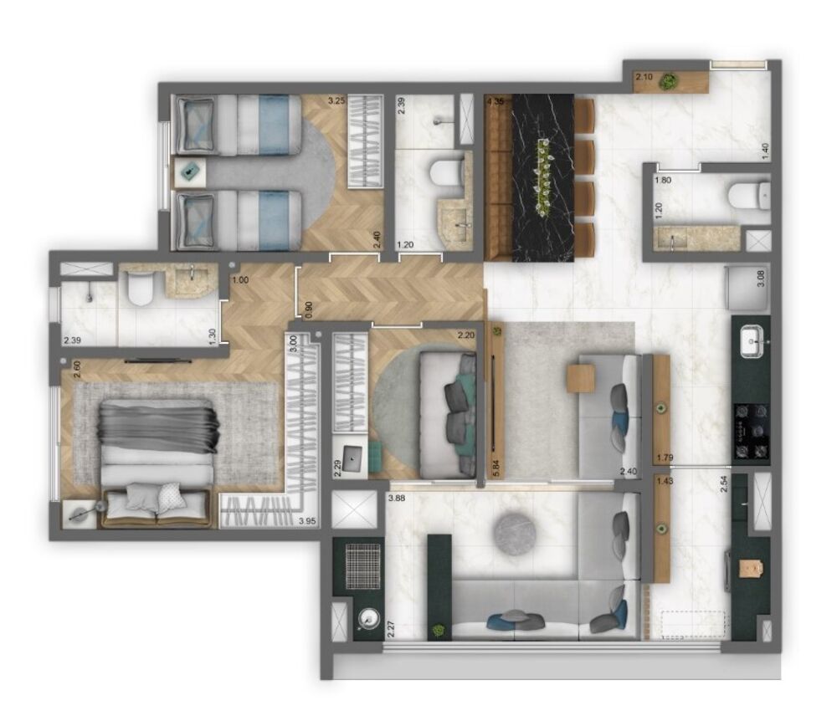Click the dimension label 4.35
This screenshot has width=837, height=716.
[x=494, y=102]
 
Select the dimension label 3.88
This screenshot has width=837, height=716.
[x=397, y=500]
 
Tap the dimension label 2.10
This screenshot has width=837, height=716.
[x=644, y=78]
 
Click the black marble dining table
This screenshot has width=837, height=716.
[x=542, y=177]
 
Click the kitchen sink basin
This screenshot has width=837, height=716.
[x=750, y=339]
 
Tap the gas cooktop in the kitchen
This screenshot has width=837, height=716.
[x=751, y=430]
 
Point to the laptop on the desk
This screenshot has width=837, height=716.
[x=353, y=456]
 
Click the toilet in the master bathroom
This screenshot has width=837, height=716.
[x=139, y=289]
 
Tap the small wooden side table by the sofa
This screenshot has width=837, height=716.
[x=580, y=378]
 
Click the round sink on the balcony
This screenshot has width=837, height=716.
[x=367, y=619]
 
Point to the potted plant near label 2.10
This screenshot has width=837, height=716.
[x=668, y=81]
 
